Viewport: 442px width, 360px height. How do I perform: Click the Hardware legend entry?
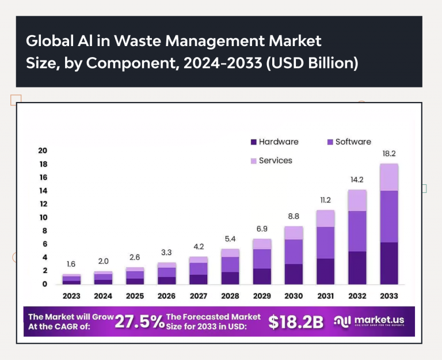pos(275,142)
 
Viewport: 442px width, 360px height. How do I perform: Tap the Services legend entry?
pos(271,161)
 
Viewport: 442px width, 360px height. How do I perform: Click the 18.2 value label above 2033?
pos(390,154)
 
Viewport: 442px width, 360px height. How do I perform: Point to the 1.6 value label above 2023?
pos(71,264)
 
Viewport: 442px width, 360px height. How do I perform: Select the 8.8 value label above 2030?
pos(294,217)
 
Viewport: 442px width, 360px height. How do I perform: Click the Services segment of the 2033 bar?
pos(390,177)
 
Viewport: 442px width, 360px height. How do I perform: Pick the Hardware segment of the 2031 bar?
pos(326,271)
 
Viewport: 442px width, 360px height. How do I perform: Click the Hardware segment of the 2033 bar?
pos(390,263)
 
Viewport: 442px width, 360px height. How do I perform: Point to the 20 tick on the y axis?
pos(42,150)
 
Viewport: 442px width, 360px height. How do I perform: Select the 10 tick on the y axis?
pos(42,217)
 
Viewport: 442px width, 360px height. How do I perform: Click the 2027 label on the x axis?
pos(199,297)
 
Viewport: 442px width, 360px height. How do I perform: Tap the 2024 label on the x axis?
pos(103,297)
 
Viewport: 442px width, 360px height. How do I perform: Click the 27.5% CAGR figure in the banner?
pos(139,321)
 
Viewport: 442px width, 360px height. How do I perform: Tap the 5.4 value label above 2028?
pos(230,239)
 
